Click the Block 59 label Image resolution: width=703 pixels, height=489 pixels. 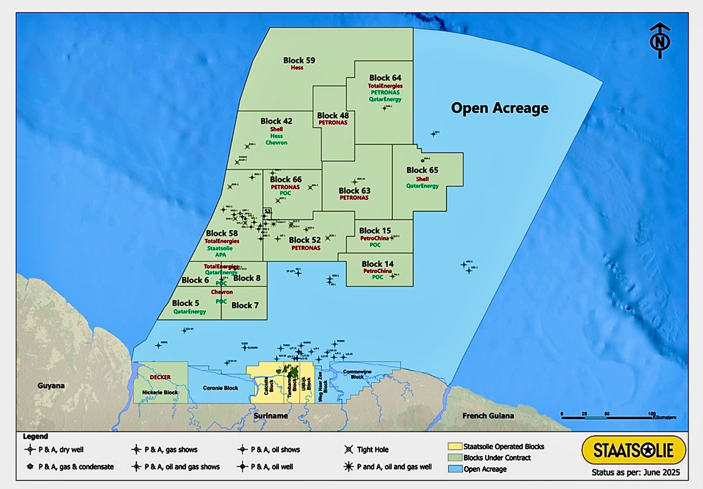[x=299, y=60]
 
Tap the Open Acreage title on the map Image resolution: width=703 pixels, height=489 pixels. [x=500, y=108]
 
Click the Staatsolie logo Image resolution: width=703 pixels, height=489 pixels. [x=633, y=450]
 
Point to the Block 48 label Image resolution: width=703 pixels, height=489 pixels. [x=333, y=116]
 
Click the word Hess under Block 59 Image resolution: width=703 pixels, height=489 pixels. [x=297, y=68]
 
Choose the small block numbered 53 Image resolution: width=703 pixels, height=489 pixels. [x=267, y=212]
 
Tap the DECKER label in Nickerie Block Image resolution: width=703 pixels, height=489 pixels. [x=160, y=377]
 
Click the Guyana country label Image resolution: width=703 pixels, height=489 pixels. [x=51, y=386]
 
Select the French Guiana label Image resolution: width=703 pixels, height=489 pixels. [x=488, y=416]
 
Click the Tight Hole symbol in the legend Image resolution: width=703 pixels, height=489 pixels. [x=349, y=450]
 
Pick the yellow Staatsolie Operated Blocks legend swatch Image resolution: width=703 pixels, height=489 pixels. [x=454, y=446]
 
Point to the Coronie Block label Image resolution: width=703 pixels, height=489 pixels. [x=220, y=388]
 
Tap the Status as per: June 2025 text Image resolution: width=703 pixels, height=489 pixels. [x=635, y=472]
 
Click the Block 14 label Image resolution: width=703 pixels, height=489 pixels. [x=377, y=264]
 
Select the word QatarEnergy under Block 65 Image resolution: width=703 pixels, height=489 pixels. [x=422, y=186]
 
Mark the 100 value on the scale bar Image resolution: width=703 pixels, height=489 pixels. [x=652, y=414]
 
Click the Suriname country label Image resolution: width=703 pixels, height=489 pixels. [x=270, y=416]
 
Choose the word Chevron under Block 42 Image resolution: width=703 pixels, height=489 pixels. [x=276, y=143]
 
